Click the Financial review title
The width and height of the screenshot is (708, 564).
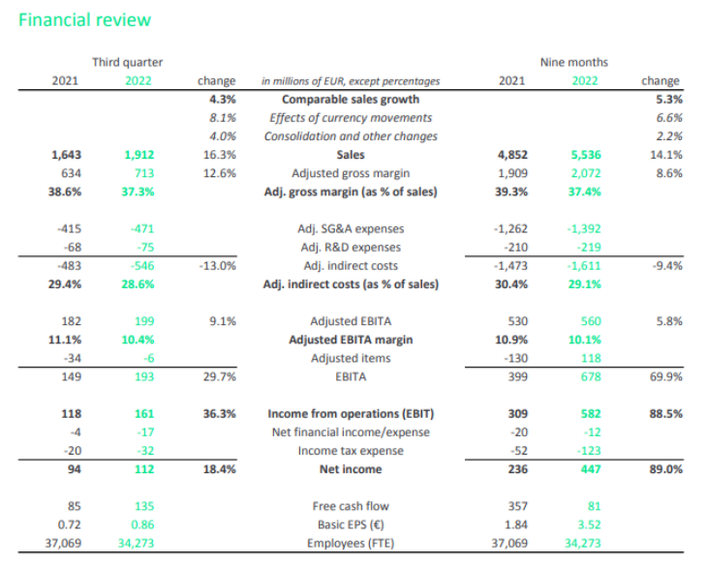(x=84, y=20)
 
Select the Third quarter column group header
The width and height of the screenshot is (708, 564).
(x=127, y=62)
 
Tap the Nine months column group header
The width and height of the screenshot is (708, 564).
(x=574, y=62)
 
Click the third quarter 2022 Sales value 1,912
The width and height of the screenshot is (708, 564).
(x=139, y=155)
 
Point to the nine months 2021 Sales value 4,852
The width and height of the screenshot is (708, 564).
(x=512, y=155)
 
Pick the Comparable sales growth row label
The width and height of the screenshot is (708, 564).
(x=351, y=100)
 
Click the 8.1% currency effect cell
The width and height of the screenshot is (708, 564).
(x=222, y=118)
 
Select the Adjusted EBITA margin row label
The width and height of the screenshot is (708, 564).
(x=351, y=340)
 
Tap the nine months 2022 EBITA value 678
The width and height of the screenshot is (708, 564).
(x=591, y=376)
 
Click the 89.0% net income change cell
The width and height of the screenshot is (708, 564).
(x=666, y=469)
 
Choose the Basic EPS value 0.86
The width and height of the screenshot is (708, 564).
(x=142, y=524)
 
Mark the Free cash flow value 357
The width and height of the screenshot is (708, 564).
(x=517, y=506)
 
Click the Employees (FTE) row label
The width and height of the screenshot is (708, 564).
(x=351, y=543)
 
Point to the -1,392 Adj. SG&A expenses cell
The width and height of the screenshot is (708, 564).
(x=584, y=228)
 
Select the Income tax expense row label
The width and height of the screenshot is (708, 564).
(x=351, y=451)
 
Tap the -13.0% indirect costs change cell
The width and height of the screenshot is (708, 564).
(x=218, y=265)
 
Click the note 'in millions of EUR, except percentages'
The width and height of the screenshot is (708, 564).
(x=351, y=81)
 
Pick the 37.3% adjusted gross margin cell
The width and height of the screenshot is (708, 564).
(x=138, y=192)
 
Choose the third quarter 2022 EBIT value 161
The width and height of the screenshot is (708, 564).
(x=144, y=413)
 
